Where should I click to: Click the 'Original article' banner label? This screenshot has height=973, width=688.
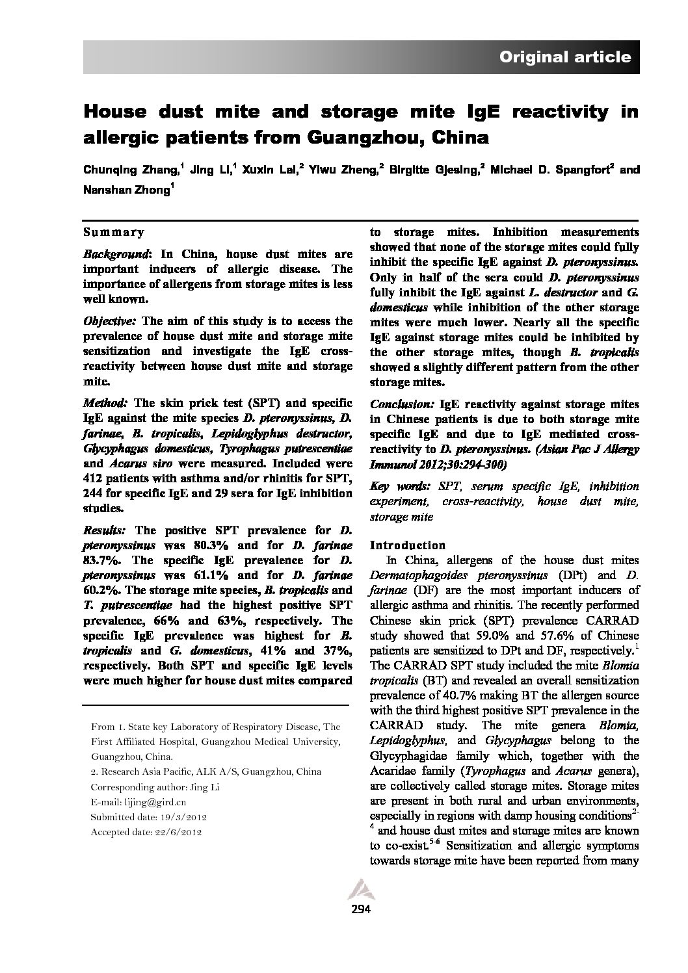(x=564, y=57)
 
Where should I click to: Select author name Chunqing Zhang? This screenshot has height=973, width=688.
(x=130, y=170)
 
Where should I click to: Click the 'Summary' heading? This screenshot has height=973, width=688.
(x=114, y=232)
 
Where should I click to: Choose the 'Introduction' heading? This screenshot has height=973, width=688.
(x=407, y=545)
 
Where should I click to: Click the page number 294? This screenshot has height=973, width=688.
(x=359, y=909)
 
